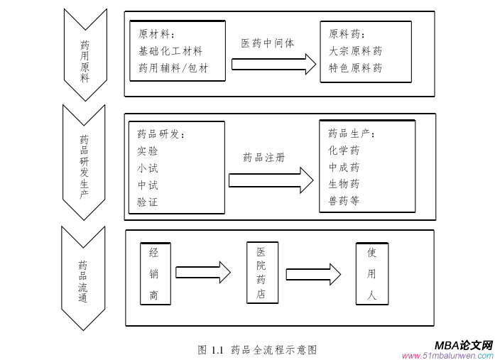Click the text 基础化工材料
coord(170,51)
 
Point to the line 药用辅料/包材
coord(173,68)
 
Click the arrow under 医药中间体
coord(273,64)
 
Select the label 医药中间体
coord(268,43)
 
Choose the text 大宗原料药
coord(355,51)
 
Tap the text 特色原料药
coord(355,68)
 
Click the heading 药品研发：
coord(161,134)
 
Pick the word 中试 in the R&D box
coord(148,185)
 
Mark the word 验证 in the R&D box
coord(148,202)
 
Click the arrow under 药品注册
coord(271,180)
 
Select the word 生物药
coord(344,184)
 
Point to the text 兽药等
coord(344,201)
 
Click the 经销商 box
coord(154,273)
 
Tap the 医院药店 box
coord(262,273)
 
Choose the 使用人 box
coord(371,273)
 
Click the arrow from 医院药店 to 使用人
coord(313,273)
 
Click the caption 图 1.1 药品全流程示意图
coord(257,349)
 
